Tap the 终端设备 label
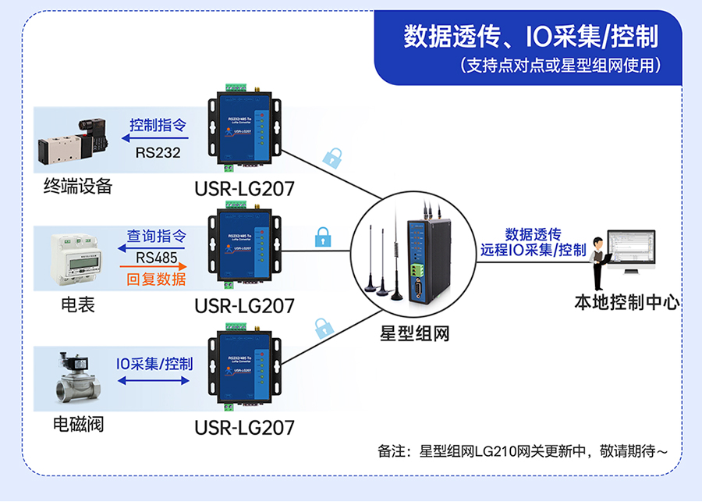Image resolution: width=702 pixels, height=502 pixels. point(78,186)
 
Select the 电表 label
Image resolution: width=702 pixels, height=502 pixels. point(78,304)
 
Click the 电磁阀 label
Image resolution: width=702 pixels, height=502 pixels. point(78,425)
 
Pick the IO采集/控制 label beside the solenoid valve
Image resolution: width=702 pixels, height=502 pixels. point(154,364)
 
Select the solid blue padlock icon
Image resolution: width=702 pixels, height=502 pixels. point(322,237)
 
